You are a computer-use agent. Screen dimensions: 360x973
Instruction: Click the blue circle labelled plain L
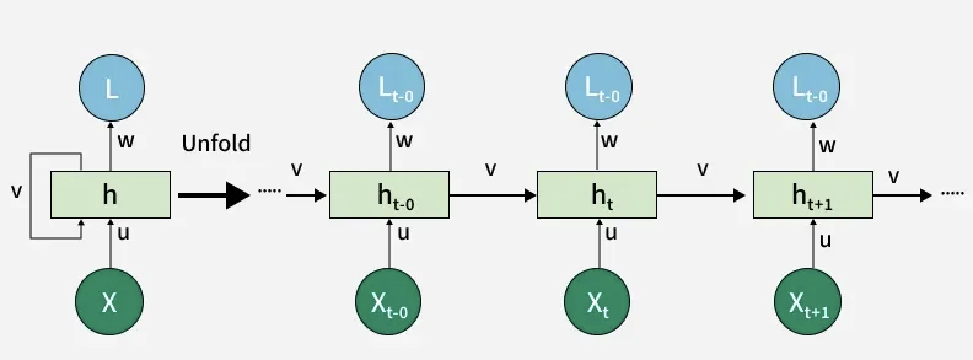point(111,88)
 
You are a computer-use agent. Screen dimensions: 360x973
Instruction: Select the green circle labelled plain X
point(109,302)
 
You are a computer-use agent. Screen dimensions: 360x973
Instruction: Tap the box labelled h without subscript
point(110,195)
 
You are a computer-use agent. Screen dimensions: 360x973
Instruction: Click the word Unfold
point(216,143)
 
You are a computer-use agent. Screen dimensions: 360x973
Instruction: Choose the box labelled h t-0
point(389,195)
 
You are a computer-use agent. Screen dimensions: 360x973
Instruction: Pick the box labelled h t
point(597,195)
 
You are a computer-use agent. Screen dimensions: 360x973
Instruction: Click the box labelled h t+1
point(813,195)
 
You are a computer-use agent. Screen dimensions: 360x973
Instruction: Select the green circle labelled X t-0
point(388,302)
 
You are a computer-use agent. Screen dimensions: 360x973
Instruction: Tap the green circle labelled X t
point(597,302)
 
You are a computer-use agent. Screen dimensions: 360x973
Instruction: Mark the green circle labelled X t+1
point(808,302)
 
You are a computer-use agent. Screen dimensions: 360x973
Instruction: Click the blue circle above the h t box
point(598,88)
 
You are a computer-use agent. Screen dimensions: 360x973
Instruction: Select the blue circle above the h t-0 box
point(392,88)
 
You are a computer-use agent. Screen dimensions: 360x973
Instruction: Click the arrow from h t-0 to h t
point(493,195)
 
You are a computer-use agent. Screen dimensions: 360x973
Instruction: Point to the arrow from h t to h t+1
point(701,195)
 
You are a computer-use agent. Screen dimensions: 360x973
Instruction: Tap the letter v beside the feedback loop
point(17,192)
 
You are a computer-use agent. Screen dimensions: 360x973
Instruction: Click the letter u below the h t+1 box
point(826,240)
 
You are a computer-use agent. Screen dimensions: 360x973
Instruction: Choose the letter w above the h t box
point(609,141)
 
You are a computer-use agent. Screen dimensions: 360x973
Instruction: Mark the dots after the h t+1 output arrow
point(953,194)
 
